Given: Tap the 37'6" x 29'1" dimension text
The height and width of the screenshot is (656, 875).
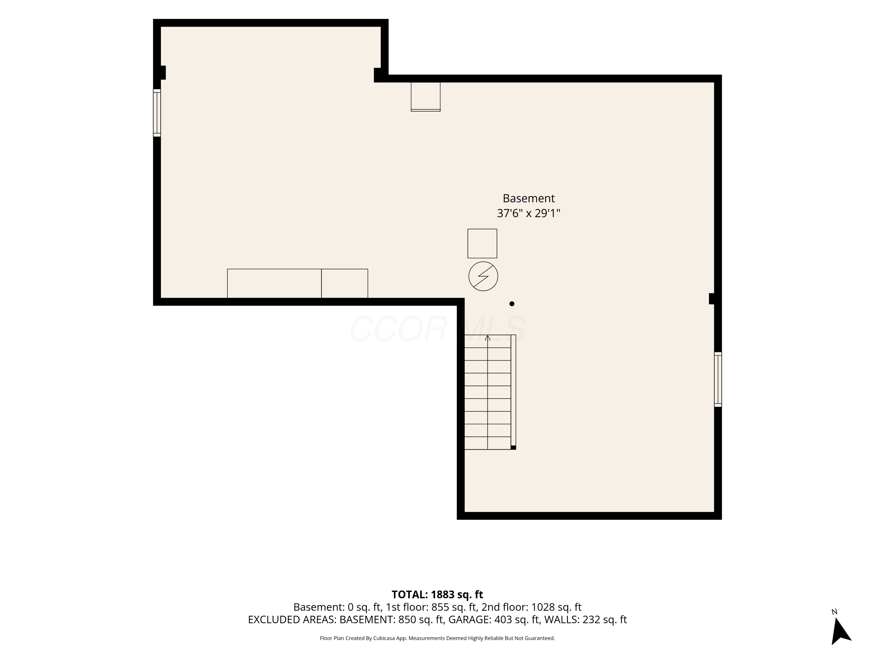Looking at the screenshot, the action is (528, 213).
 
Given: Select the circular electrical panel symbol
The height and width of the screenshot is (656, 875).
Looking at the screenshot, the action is (483, 276).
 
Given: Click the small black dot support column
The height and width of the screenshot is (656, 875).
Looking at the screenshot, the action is (512, 304).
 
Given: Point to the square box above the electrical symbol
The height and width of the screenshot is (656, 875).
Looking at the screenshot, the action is (482, 243).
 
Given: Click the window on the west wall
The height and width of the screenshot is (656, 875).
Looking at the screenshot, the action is (157, 113).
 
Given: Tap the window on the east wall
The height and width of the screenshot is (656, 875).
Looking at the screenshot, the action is (718, 379).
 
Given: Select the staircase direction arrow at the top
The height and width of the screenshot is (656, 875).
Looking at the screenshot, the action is (487, 338).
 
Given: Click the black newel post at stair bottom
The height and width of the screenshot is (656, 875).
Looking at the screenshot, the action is (513, 448).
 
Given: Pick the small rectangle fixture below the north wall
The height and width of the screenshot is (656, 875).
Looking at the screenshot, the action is (426, 97).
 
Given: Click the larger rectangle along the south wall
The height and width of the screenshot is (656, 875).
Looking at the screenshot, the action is (274, 283).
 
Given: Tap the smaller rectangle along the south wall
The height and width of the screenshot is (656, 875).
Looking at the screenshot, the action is (344, 283).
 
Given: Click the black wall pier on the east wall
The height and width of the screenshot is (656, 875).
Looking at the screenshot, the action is (712, 299).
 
